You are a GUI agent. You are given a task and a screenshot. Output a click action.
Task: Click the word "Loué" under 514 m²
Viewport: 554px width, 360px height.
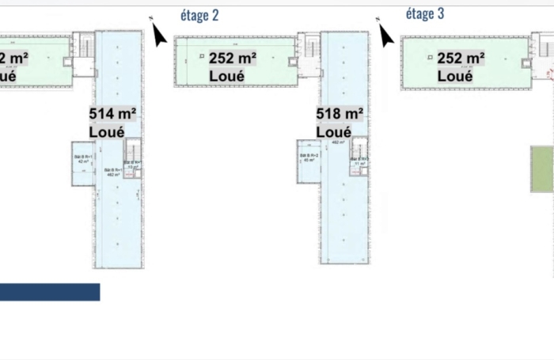tap(107, 132)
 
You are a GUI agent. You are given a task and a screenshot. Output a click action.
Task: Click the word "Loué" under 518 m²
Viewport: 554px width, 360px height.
tap(333, 132)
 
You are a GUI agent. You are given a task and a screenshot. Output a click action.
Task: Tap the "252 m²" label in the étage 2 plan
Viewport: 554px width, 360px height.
tap(232, 59)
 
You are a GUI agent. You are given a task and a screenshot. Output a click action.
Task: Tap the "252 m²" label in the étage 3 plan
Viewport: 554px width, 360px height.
tap(461, 59)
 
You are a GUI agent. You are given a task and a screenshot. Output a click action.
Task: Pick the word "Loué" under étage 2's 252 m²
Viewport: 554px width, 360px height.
tap(226, 76)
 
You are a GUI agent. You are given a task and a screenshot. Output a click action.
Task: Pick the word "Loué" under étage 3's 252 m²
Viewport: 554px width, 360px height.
tap(455, 76)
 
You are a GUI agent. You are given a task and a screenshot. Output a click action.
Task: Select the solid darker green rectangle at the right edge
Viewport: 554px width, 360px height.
tap(542, 169)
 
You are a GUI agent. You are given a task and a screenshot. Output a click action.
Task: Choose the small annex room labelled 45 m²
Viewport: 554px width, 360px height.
tap(308, 161)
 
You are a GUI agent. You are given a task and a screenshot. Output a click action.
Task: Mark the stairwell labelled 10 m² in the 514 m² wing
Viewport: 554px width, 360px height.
tap(134, 155)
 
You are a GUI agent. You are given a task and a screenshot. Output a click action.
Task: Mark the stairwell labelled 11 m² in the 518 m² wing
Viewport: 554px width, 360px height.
tap(359, 152)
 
